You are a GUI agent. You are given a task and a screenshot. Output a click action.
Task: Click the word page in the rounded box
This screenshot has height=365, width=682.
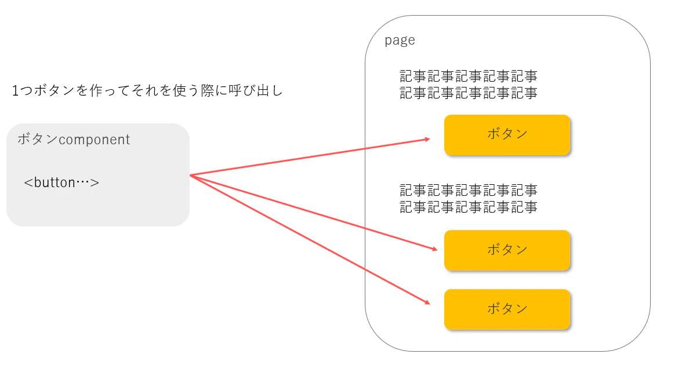point(400,41)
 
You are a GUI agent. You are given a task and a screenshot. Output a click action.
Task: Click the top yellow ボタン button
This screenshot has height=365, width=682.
point(507,135)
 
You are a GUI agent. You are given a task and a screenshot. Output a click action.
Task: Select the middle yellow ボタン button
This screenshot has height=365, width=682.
point(507,250)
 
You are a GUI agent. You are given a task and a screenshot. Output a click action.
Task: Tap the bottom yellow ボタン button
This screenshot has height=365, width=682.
point(507,309)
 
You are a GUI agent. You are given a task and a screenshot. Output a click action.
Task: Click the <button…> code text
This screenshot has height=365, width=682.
point(61,183)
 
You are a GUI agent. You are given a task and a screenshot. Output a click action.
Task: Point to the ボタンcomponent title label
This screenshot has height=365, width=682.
point(74,139)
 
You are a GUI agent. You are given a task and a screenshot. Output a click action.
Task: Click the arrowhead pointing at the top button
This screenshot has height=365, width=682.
point(427,139)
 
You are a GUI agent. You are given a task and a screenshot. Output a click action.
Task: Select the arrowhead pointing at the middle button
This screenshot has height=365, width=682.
point(434,249)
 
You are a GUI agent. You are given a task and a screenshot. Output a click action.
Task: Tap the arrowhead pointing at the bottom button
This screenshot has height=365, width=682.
point(427,302)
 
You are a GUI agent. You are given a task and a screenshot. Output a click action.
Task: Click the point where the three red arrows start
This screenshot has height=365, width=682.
point(190,175)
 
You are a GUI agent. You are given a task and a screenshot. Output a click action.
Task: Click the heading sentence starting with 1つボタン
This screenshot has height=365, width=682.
point(147,90)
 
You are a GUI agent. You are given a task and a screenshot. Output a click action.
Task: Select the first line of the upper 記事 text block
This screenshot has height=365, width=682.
point(469,76)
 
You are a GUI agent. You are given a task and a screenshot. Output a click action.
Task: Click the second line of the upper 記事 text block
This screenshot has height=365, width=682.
point(469,93)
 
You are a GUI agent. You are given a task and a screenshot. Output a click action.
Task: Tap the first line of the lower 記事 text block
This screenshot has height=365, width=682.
point(469,190)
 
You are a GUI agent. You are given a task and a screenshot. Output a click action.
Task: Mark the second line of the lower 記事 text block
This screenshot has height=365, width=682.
point(469,206)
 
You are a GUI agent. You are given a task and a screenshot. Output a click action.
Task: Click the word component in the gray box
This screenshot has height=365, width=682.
point(95,140)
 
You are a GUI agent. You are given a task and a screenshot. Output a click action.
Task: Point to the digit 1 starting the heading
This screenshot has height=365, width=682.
point(15,91)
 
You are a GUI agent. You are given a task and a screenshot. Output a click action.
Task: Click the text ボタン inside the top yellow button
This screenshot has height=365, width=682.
point(507,133)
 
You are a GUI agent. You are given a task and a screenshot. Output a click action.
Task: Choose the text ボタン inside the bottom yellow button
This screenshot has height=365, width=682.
point(507,308)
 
